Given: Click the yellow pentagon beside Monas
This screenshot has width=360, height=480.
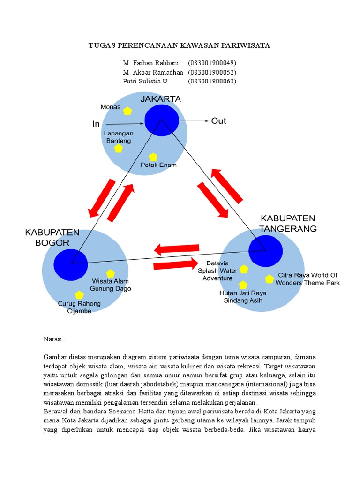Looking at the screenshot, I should (127, 111).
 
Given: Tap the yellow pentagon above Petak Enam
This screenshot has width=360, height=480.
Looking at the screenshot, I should (153, 157).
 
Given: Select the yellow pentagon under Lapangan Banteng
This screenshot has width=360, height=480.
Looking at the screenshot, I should (118, 148).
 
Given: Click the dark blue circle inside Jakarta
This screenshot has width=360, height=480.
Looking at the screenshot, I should (162, 120).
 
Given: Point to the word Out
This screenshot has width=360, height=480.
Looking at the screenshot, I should (218, 121).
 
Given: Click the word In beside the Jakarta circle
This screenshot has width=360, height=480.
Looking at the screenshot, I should (96, 124).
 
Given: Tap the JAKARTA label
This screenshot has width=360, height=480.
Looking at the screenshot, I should (161, 99).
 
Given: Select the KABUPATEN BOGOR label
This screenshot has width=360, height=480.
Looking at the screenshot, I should (52, 238).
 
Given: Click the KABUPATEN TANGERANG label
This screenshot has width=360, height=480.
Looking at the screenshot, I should (288, 224).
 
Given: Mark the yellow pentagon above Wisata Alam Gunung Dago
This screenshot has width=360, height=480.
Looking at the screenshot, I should (110, 273).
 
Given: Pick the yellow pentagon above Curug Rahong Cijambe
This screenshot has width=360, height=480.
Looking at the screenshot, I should (79, 295).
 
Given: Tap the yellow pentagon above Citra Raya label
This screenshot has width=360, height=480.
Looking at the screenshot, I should (269, 279).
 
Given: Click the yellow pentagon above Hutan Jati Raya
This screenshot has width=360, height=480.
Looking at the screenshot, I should (243, 285).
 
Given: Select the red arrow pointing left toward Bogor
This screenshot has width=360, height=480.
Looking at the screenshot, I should (177, 249).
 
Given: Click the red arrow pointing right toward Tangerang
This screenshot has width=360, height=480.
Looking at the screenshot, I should (176, 265).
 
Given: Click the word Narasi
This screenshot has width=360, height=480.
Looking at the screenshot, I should (55, 338).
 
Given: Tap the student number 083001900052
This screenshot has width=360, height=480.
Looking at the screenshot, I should (212, 72).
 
